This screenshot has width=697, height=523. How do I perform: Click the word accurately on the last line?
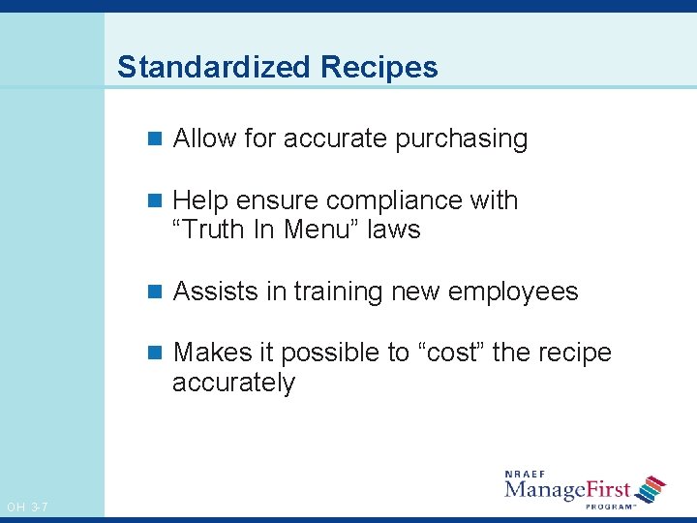point(233,383)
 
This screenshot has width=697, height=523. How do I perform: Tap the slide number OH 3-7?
point(27,507)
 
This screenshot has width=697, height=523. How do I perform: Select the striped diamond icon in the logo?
point(650,488)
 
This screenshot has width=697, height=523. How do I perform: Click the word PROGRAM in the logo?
point(609,507)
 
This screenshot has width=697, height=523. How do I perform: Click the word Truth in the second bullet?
point(216,230)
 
